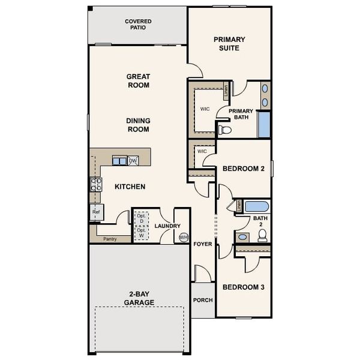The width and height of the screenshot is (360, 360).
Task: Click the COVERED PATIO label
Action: coord(138,25)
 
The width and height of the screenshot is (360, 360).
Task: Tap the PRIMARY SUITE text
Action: coord(229,44)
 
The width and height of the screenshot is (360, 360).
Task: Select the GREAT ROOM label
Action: coord(138,81)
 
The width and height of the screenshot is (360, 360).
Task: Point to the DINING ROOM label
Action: coord(138,125)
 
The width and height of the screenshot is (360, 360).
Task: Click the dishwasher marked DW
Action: coord(133,161)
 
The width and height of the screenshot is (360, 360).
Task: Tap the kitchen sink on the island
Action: coord(119,161)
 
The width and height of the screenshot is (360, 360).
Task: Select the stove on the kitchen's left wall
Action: coord(95,185)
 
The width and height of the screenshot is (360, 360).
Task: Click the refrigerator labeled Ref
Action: coord(96,212)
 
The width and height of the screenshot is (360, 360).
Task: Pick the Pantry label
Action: coord(110,239)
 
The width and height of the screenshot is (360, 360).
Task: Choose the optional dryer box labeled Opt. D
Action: coord(141,218)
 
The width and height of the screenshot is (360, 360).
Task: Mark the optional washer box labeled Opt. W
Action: coord(141,233)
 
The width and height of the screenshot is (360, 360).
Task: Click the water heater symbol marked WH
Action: coord(184,237)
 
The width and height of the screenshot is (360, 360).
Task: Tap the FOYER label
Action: coord(203,244)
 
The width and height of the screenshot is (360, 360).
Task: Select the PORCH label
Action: coord(203,299)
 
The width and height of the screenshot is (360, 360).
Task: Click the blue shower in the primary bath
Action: coord(264,124)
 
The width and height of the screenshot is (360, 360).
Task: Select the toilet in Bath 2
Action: coord(263,236)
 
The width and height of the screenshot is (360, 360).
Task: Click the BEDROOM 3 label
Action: coord(244,287)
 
